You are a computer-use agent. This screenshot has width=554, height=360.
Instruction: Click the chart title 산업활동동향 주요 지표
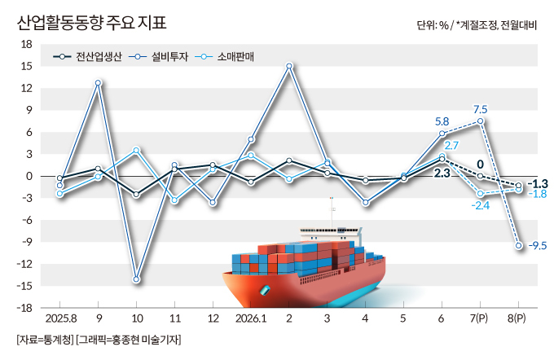tap(92, 23)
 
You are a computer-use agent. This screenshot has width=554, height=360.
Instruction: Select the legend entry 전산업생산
tap(88, 56)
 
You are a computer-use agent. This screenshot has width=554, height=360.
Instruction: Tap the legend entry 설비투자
tap(158, 56)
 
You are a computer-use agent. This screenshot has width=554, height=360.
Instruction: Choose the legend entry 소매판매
tap(224, 56)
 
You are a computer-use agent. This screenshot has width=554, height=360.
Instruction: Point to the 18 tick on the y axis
tap(27, 45)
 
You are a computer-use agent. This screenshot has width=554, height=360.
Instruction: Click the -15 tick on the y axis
tap(24, 286)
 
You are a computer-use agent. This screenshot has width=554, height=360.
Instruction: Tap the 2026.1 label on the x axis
tap(251, 318)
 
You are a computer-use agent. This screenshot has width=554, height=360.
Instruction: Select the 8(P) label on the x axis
tap(517, 318)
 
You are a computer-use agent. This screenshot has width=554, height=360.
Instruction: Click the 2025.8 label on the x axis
tap(61, 318)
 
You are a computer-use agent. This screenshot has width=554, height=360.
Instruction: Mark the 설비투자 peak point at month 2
tap(289, 66)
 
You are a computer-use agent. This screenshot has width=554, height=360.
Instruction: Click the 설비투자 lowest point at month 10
tap(136, 279)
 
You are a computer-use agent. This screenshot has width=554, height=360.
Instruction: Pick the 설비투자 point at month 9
tap(98, 83)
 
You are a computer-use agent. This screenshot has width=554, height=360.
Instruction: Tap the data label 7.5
tap(480, 109)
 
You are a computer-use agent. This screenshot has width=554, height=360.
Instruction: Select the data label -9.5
tap(538, 245)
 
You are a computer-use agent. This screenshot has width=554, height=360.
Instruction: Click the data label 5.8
tap(442, 122)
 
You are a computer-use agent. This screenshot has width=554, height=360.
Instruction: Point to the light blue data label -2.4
tap(481, 205)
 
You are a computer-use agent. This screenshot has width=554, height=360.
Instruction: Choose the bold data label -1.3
tap(538, 184)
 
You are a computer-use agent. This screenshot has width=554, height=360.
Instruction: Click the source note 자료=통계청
tap(45, 340)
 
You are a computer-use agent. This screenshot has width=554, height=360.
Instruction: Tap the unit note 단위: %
tap(433, 25)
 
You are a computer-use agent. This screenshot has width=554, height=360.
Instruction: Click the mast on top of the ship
tap(332, 213)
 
